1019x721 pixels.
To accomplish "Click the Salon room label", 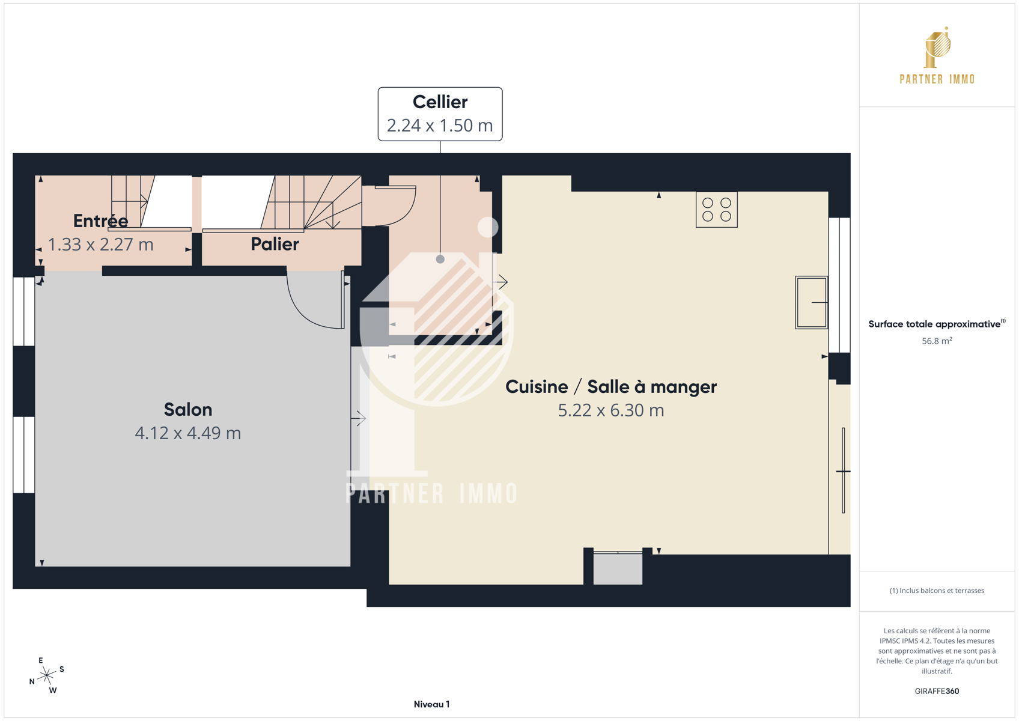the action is point(188,409).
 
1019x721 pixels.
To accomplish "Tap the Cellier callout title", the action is point(440,102).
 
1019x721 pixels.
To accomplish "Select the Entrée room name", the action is point(100,221).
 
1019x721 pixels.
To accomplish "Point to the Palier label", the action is point(275,245).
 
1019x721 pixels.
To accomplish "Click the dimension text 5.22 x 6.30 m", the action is point(611,410).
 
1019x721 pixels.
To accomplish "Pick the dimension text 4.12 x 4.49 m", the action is point(188,433).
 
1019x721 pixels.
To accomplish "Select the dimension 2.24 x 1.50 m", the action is point(440,126).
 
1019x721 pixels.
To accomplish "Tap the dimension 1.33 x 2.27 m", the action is point(100,245).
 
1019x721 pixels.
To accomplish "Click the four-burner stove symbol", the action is point(716,210).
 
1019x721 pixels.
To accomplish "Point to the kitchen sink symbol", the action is point(812,302).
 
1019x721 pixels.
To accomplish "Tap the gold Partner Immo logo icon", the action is point(937,47).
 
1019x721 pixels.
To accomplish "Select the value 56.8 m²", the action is point(937,341).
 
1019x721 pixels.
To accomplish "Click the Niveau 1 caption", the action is point(431,704).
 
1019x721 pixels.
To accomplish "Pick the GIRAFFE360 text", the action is point(937,691).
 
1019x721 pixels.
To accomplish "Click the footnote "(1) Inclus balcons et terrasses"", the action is point(937,591).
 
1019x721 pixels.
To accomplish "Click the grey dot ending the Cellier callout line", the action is point(440,260).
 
